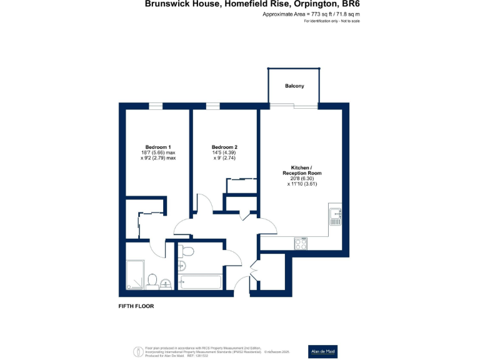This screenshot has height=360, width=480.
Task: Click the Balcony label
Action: tap(294, 86)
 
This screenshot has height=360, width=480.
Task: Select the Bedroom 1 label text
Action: tap(158, 147)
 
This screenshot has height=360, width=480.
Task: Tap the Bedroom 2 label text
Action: tap(224, 147)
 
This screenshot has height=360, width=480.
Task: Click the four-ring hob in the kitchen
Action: tap(301, 244)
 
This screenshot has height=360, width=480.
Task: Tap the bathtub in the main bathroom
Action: tap(200, 282)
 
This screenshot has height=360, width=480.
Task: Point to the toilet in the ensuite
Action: tap(152, 279)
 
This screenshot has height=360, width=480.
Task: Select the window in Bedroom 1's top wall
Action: tap(156, 106)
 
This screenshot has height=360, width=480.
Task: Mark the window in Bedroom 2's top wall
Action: tap(213, 106)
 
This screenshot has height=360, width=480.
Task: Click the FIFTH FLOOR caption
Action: tap(136, 306)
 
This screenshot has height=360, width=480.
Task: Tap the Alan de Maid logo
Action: tap(322, 351)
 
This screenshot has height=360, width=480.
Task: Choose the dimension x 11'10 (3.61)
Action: tap(302, 184)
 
